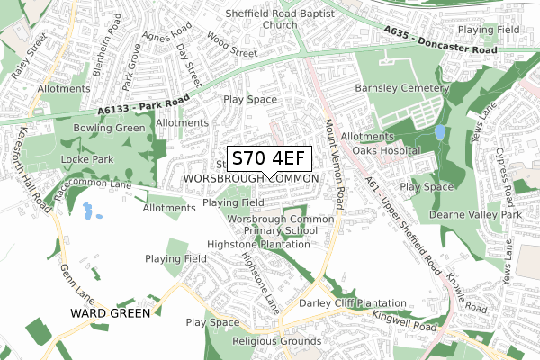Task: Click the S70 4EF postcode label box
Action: pos(270,159)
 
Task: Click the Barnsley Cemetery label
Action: pos(401,89)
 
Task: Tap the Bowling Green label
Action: pos(110,128)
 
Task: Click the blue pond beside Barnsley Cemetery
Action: pos(438,131)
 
